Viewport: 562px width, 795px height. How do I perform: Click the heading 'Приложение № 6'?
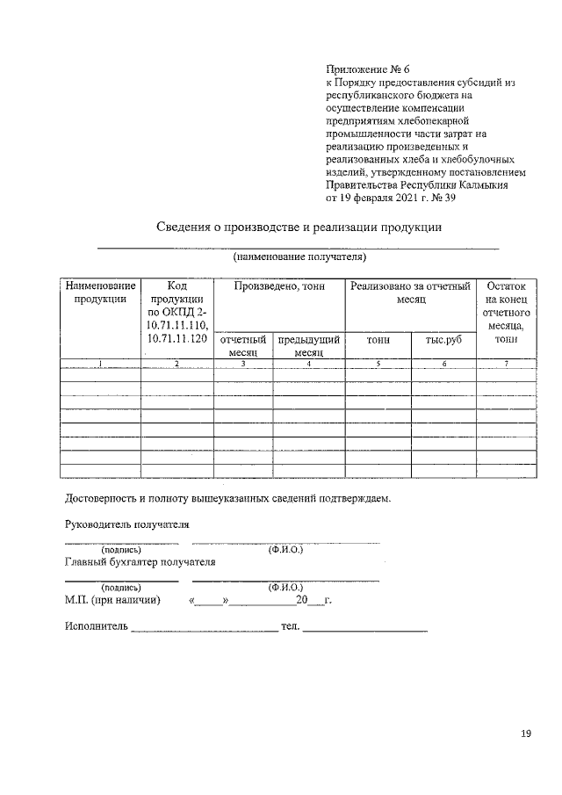point(368,69)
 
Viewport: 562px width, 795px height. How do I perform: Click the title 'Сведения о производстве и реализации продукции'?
point(298,228)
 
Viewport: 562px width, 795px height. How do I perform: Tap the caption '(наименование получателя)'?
point(299,257)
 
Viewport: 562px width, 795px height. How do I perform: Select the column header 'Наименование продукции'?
point(101,293)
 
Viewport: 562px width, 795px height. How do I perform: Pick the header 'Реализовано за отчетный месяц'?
point(409,293)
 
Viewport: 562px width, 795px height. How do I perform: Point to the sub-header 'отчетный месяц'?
point(243,345)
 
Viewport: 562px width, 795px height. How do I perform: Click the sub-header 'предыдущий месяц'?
point(308,345)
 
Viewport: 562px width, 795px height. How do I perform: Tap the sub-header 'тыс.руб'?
point(443,339)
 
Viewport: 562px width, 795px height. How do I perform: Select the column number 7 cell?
point(506,364)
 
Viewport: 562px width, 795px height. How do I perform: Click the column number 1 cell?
point(101,364)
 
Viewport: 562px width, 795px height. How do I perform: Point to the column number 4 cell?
point(308,364)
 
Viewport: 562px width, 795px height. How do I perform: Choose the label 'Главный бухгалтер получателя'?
point(140,561)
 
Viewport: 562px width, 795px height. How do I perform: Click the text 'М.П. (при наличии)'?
point(112,601)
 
